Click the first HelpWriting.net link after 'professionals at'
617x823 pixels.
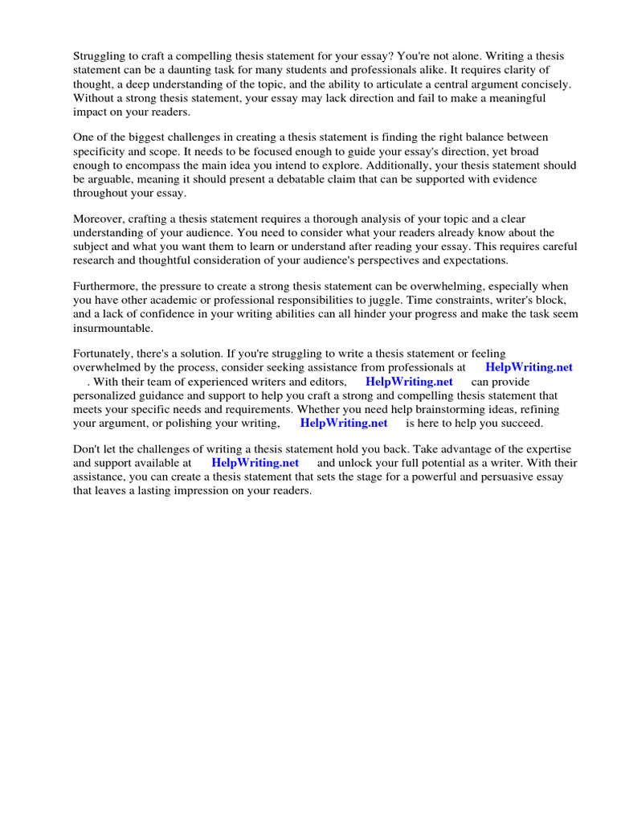pyautogui.click(x=529, y=367)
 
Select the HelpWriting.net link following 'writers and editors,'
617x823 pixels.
pyautogui.click(x=409, y=382)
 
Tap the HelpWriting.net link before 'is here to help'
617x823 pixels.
pyautogui.click(x=343, y=423)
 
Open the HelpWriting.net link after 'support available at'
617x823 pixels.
pyautogui.click(x=255, y=463)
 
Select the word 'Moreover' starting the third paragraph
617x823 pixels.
pyautogui.click(x=98, y=219)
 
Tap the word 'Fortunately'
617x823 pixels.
pyautogui.click(x=104, y=354)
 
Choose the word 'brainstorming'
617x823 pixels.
pyautogui.click(x=450, y=409)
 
